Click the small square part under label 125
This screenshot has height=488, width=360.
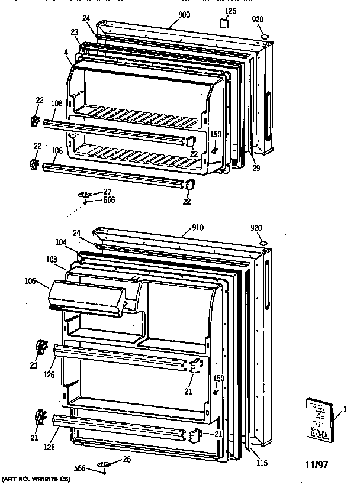(x=224, y=24)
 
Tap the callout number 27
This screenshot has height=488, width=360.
(x=108, y=191)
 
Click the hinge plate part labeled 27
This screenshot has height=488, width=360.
(x=86, y=195)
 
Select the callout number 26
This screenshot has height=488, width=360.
(x=126, y=460)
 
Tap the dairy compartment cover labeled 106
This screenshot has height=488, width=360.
(x=89, y=296)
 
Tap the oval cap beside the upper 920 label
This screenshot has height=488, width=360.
(x=264, y=37)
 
